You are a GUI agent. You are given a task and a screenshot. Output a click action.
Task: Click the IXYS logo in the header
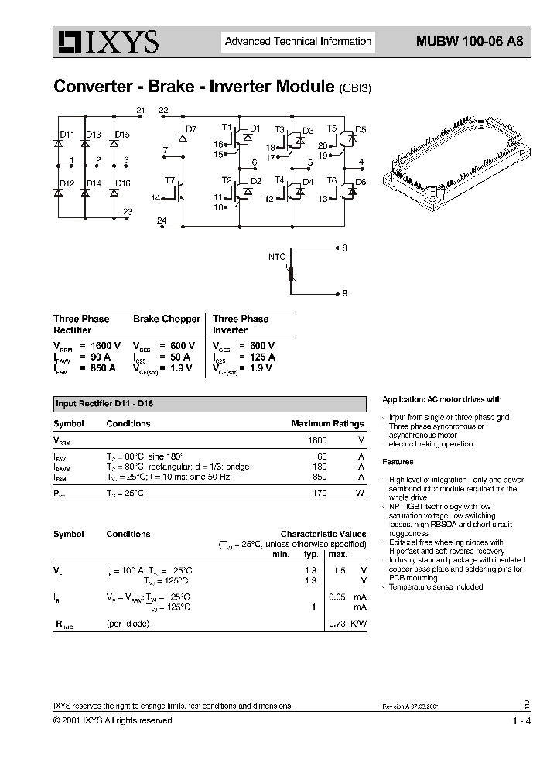(x=106, y=43)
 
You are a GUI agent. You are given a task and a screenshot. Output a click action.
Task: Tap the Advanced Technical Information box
(x=298, y=42)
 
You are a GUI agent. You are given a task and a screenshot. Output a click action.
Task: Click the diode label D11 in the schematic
(x=68, y=135)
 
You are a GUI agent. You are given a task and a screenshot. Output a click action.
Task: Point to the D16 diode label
(x=122, y=183)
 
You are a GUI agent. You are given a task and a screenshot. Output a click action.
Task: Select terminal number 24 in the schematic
(x=161, y=221)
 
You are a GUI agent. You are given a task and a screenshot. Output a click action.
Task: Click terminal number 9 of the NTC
(x=345, y=294)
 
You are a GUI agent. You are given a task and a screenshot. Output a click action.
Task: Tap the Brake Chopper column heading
(x=166, y=319)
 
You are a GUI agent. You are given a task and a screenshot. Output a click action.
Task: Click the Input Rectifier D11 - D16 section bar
(x=209, y=404)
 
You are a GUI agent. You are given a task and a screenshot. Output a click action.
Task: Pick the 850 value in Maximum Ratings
(x=319, y=477)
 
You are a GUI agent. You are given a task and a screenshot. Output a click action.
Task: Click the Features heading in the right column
(x=398, y=462)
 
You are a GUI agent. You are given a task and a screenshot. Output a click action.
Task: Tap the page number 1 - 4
(x=521, y=721)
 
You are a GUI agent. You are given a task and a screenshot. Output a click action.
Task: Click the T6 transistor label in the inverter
(x=332, y=180)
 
